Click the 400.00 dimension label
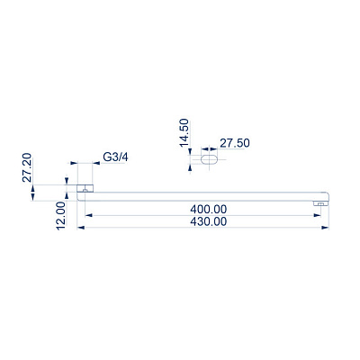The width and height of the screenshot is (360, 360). click(x=209, y=209)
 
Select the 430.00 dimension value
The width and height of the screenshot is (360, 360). click(x=209, y=221)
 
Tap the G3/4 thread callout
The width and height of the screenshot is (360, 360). click(x=115, y=157)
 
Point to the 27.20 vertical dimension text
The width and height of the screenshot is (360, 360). click(x=27, y=167)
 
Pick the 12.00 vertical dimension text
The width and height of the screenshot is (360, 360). click(x=61, y=216)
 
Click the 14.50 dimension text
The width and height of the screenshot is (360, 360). click(x=184, y=133)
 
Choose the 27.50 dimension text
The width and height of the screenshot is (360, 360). click(x=235, y=143)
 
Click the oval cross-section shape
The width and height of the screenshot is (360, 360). click(x=209, y=159)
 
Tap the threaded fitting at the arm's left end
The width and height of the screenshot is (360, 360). click(x=85, y=188)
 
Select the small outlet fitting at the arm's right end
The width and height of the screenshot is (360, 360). click(x=320, y=204)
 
